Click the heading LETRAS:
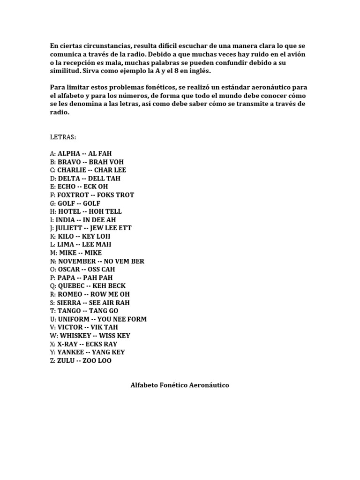(x=63, y=137)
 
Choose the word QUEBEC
(x=71, y=286)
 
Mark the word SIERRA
(x=69, y=302)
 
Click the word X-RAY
(x=67, y=344)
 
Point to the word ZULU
(x=66, y=360)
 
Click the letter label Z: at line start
(x=52, y=360)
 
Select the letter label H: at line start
(x=53, y=211)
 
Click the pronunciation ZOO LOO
(x=97, y=360)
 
